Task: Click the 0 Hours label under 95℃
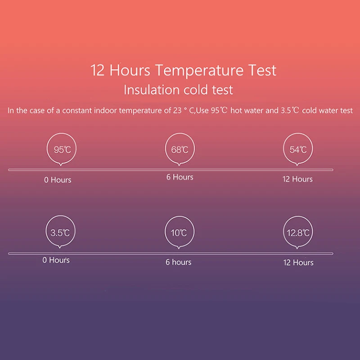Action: click(58, 180)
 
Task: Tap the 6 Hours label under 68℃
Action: click(180, 177)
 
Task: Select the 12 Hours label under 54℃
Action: click(297, 179)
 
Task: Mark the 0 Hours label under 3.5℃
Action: click(56, 260)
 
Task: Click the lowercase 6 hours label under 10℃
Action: click(178, 262)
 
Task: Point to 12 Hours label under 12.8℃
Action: click(298, 262)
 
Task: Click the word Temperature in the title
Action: click(199, 71)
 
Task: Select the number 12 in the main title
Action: click(98, 70)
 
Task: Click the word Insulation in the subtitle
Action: click(152, 90)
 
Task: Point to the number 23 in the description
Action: click(177, 110)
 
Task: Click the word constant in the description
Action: click(77, 111)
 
